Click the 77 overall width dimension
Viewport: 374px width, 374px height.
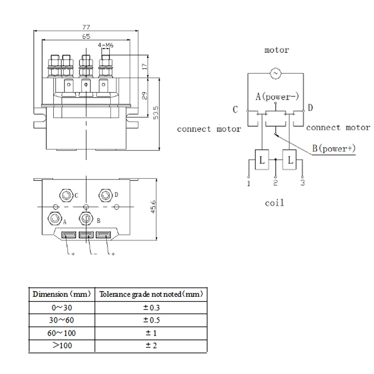[86, 27]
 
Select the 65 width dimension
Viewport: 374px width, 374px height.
[86, 36]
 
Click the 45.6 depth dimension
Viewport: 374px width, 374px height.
[154, 206]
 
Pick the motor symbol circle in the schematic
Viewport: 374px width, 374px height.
[275, 73]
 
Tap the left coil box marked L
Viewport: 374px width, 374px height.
[261, 159]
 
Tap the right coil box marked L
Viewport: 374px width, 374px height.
[290, 159]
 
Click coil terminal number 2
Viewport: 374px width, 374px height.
[276, 183]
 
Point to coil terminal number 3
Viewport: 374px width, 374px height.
[302, 183]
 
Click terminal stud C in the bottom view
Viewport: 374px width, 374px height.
[65, 194]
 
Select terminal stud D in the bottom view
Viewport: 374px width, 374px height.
[106, 194]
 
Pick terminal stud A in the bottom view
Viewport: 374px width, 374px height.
[55, 217]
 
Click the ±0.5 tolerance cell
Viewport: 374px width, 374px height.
[151, 320]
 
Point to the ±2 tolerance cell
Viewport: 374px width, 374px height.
[151, 346]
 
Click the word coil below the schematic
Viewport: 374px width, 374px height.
[274, 203]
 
